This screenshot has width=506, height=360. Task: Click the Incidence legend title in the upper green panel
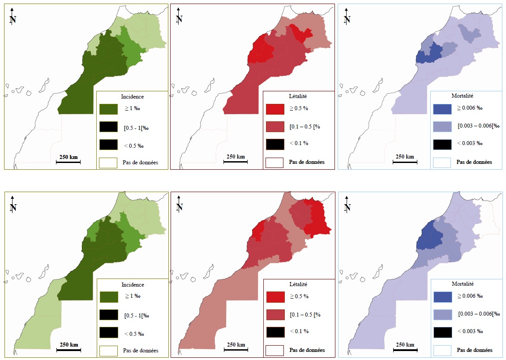(133, 96)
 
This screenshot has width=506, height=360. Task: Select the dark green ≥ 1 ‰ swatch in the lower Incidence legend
(108, 296)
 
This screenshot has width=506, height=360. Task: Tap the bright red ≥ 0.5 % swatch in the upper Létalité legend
(274, 109)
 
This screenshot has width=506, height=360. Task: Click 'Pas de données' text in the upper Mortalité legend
(474, 162)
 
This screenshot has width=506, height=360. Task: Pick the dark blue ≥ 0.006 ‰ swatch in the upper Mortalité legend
(442, 109)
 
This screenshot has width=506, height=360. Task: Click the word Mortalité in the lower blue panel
(463, 284)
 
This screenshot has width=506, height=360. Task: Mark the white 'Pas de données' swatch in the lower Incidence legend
(108, 350)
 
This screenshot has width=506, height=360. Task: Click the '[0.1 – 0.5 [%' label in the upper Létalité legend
(304, 126)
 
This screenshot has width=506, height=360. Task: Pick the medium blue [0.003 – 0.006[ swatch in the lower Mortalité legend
(442, 314)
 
